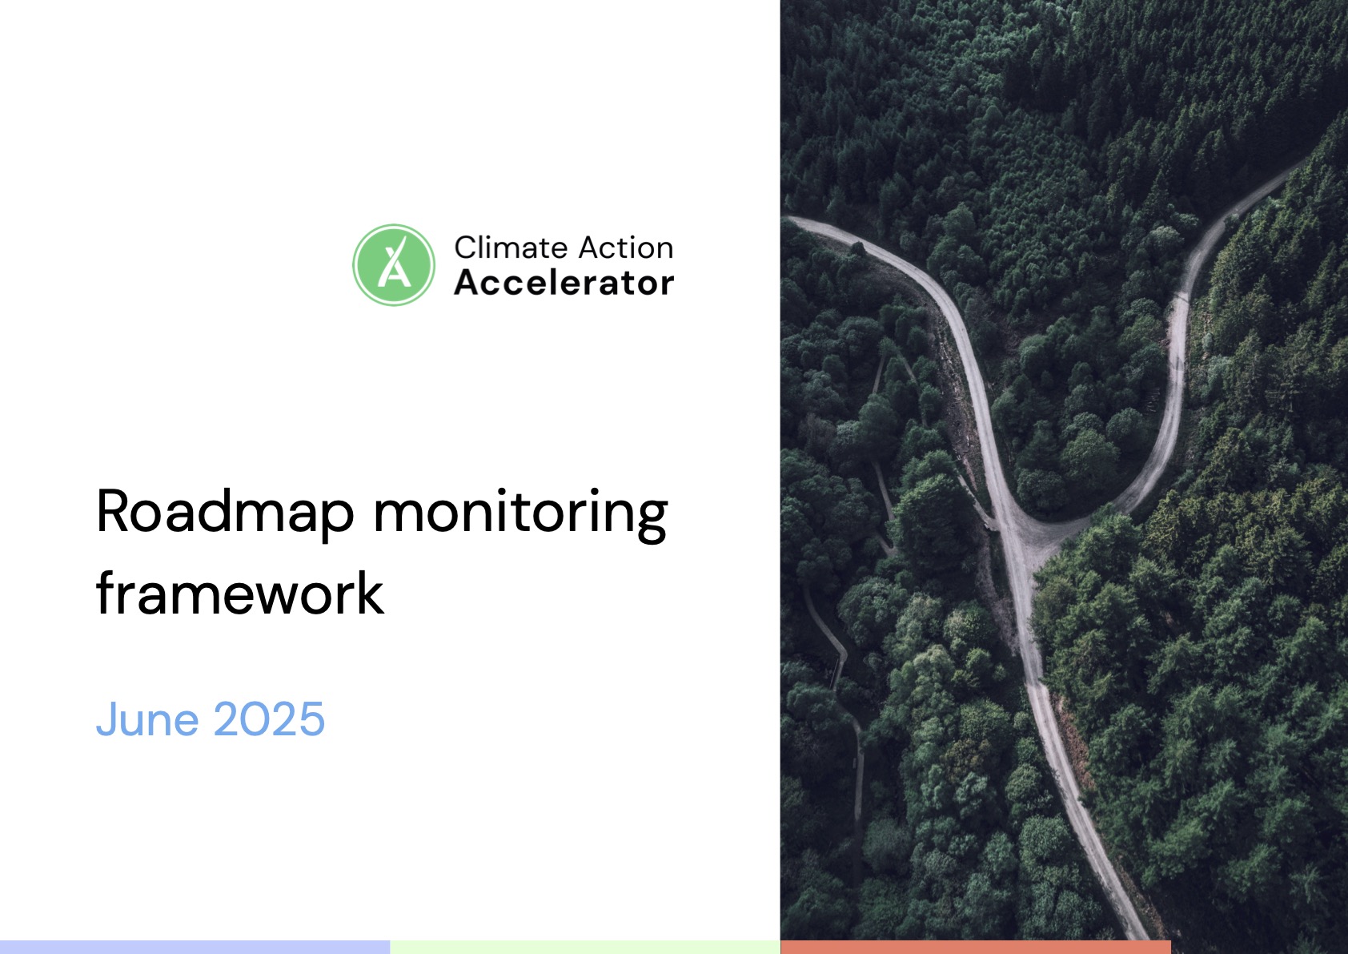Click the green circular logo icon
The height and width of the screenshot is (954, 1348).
[394, 265]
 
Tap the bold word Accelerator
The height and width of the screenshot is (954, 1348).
[564, 283]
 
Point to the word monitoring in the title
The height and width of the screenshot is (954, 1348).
[521, 516]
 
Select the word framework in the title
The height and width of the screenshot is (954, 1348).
[239, 594]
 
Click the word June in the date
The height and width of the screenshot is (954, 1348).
[147, 719]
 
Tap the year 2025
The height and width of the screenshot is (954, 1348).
[269, 719]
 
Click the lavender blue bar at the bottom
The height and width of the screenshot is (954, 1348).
[195, 948]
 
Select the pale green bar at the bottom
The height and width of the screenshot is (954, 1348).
[585, 948]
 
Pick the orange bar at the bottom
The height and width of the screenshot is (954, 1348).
[976, 948]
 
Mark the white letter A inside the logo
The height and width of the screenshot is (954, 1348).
[395, 269]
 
